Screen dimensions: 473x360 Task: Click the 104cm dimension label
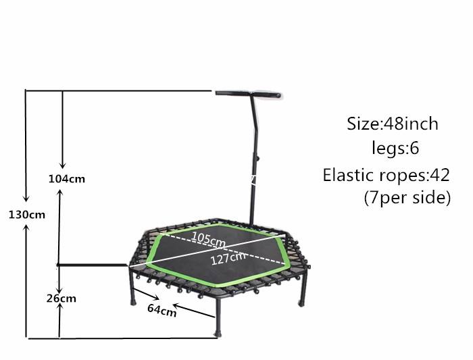click(66, 179)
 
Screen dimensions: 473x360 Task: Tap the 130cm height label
click(30, 214)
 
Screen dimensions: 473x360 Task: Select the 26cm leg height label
click(62, 298)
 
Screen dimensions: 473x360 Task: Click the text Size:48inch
click(393, 124)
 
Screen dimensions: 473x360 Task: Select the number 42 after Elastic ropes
click(440, 175)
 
